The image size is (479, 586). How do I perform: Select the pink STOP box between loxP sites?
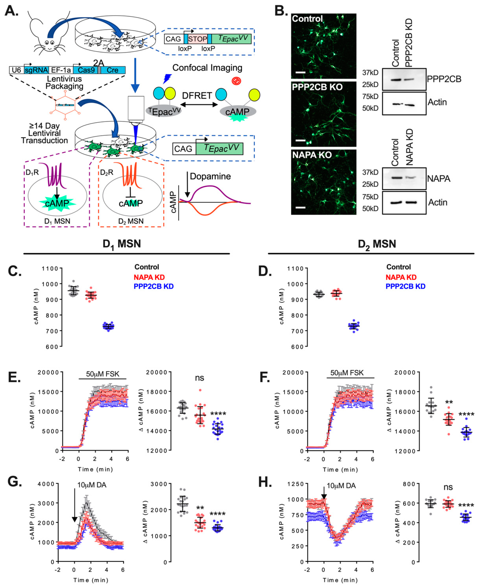[198, 39]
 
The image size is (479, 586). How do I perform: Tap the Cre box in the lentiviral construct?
[113, 70]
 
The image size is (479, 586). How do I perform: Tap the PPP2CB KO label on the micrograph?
[317, 87]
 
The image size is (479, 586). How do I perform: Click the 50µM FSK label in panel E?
[103, 374]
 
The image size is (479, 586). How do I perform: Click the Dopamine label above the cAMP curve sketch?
[210, 176]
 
